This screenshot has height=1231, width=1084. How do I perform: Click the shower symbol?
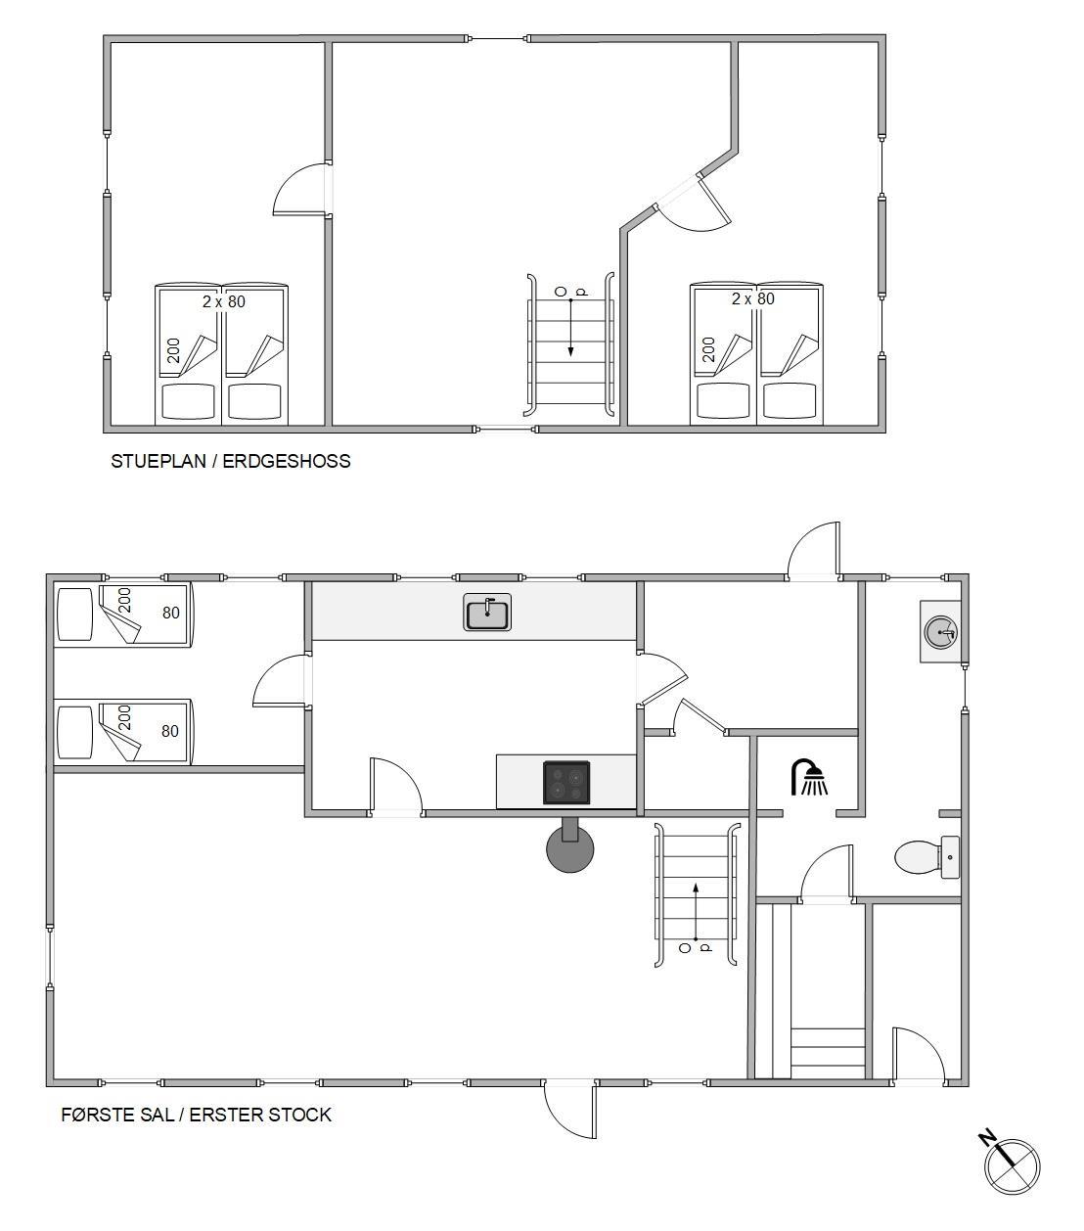coord(809,777)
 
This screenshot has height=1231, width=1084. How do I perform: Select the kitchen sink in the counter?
coord(487,612)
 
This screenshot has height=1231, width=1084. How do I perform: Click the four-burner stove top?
coord(566,783)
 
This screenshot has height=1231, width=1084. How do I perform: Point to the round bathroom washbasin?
coord(940,632)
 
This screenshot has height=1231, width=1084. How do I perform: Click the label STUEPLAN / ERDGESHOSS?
coord(230,461)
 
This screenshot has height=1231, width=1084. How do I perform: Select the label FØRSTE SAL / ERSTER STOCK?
coord(197,1115)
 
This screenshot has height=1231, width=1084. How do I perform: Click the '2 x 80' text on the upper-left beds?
coord(224,301)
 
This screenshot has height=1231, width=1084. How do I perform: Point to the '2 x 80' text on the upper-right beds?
coord(753,298)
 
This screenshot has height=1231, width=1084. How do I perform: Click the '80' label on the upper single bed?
coord(171,613)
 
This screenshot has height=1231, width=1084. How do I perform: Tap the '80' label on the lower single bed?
coord(170,730)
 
